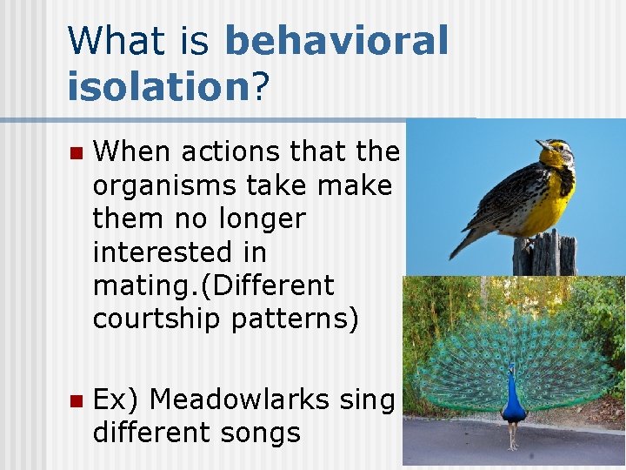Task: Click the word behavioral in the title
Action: (336, 41)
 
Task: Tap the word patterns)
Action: (295, 319)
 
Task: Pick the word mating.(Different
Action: (213, 285)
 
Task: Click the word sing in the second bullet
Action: (367, 399)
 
